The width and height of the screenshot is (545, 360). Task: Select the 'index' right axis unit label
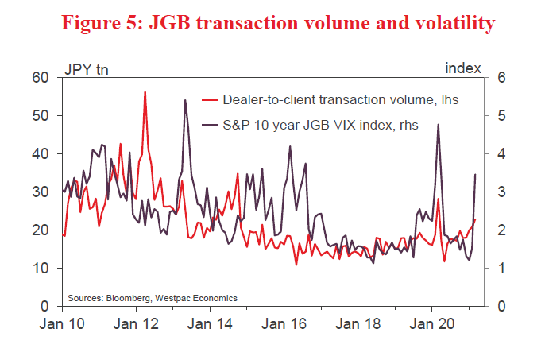point(463,68)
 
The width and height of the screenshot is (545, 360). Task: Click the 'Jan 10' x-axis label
point(64,324)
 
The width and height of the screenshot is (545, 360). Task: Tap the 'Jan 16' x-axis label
point(284,324)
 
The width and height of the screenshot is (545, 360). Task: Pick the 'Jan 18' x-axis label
point(358,324)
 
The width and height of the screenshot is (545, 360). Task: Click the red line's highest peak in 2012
point(145,92)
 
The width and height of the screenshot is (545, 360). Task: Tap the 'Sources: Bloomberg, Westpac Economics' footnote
point(153,298)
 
